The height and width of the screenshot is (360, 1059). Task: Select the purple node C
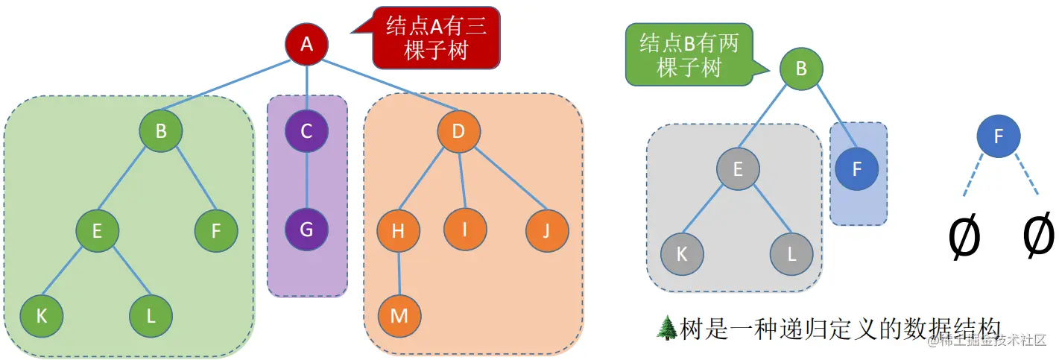(x=306, y=132)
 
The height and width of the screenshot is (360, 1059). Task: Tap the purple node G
(x=306, y=230)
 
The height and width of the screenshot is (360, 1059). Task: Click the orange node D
(x=458, y=132)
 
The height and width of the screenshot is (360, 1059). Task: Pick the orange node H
(x=398, y=230)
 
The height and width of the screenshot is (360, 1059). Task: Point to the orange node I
(x=465, y=230)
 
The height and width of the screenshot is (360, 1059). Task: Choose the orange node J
(x=547, y=230)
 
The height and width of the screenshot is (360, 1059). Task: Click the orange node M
(x=399, y=315)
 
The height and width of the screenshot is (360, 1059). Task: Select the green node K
(x=42, y=315)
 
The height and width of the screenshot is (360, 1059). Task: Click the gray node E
(x=738, y=169)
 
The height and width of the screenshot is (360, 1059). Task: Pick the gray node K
(x=681, y=253)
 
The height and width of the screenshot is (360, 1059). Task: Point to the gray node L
(x=791, y=253)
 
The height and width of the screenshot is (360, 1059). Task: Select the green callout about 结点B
(x=689, y=55)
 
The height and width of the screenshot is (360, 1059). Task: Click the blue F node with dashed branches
(x=998, y=136)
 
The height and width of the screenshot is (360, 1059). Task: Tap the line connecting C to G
(x=306, y=181)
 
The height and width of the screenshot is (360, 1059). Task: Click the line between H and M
(x=399, y=273)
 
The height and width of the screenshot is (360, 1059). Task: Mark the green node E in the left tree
(x=97, y=230)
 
